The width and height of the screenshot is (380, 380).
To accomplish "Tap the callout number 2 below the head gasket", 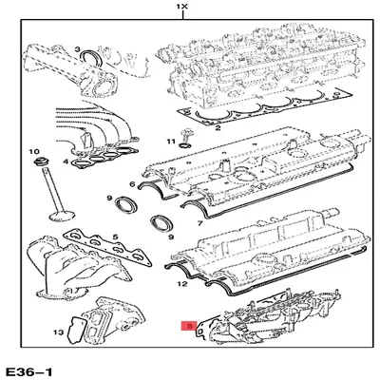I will (x=218, y=126).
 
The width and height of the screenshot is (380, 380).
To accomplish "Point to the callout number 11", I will (x=172, y=142).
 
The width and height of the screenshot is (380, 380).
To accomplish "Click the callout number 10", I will (x=34, y=152).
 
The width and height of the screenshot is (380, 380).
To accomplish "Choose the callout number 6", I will (x=131, y=184).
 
